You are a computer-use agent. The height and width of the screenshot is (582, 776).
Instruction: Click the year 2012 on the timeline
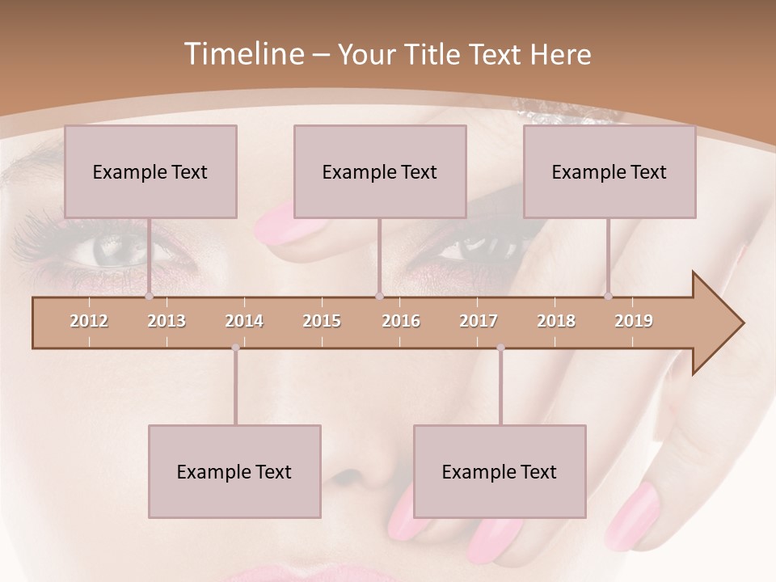pyautogui.click(x=89, y=321)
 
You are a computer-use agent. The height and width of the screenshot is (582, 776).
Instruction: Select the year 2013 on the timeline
pyautogui.click(x=167, y=321)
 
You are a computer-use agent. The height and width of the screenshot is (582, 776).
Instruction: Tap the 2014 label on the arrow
pyautogui.click(x=244, y=321)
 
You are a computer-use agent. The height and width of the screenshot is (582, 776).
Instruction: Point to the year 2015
pyautogui.click(x=322, y=321)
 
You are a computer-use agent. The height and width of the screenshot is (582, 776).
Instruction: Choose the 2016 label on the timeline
pyautogui.click(x=401, y=321)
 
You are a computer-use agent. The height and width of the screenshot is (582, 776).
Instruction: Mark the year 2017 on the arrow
pyautogui.click(x=479, y=321)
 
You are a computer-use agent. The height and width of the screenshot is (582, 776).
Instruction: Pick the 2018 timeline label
pyautogui.click(x=556, y=321)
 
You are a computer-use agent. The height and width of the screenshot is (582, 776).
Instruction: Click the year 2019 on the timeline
pyautogui.click(x=634, y=321)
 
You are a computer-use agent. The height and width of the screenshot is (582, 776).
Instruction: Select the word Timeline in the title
pyautogui.click(x=243, y=54)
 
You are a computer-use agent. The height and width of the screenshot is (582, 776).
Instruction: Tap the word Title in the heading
pyautogui.click(x=437, y=54)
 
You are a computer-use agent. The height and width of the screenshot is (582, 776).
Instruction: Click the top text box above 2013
pyautogui.click(x=150, y=171)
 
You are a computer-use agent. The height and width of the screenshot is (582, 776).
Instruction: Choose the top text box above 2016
pyautogui.click(x=380, y=171)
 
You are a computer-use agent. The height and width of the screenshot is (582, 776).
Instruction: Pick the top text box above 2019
pyautogui.click(x=609, y=171)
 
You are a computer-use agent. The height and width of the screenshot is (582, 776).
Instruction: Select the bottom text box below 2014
pyautogui.click(x=234, y=471)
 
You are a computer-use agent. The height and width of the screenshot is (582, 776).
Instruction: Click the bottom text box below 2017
pyautogui.click(x=500, y=471)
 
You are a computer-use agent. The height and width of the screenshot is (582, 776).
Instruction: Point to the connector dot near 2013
pyautogui.click(x=149, y=297)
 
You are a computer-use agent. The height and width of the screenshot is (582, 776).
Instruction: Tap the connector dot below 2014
pyautogui.click(x=235, y=348)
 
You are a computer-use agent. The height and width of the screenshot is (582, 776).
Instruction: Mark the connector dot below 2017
pyautogui.click(x=500, y=348)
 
